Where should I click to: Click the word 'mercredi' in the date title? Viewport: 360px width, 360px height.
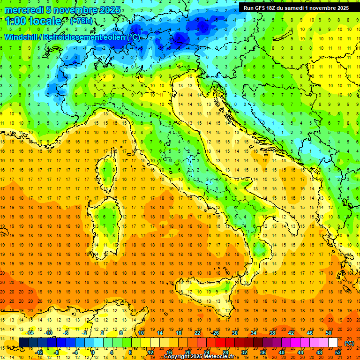pyautogui.click(x=23, y=10)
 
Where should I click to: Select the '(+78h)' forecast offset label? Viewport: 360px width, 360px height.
pyautogui.click(x=81, y=22)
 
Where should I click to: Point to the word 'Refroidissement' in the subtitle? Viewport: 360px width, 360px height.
pyautogui.click(x=76, y=37)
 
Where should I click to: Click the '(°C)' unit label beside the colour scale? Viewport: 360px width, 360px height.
pyautogui.click(x=349, y=343)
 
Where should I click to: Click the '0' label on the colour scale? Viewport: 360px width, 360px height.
pyautogui.click(x=93, y=352)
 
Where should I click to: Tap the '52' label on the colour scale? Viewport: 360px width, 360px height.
pyautogui.click(x=338, y=352)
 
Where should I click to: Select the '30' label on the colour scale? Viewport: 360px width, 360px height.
pyautogui.click(x=235, y=333)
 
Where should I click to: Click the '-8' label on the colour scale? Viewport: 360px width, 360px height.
pyautogui.click(x=57, y=352)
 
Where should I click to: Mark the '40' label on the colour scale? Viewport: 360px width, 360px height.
pyautogui.click(x=281, y=352)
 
